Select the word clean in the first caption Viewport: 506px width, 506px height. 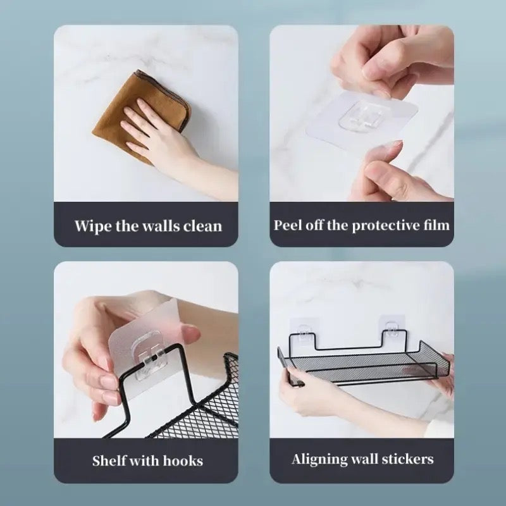(x=202, y=226)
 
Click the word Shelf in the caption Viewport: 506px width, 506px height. (x=108, y=460)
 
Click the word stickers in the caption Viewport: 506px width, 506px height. (x=407, y=459)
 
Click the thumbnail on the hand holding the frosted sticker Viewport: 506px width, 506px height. (x=191, y=335)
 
